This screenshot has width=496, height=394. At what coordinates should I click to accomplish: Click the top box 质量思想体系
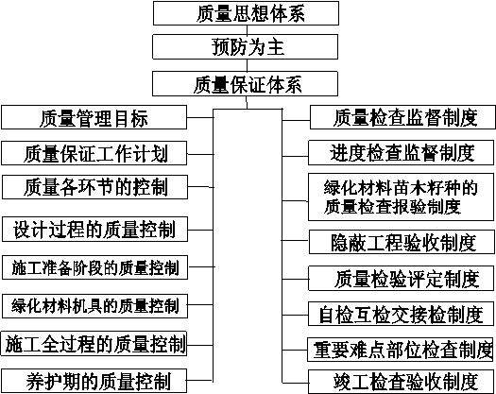click(x=246, y=13)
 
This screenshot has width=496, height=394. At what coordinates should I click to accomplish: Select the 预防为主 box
click(x=245, y=47)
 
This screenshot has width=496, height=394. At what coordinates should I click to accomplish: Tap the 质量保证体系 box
click(x=245, y=84)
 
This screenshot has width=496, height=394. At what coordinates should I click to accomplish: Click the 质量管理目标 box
click(x=94, y=117)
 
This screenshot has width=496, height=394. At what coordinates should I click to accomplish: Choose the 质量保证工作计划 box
click(x=94, y=153)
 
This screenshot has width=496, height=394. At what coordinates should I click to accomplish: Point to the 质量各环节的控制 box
click(x=94, y=187)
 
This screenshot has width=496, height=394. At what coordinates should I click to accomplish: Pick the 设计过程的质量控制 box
click(x=94, y=230)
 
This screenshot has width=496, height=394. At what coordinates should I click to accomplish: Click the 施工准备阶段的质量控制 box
click(x=94, y=267)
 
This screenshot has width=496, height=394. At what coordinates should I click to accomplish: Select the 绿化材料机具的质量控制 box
click(x=94, y=306)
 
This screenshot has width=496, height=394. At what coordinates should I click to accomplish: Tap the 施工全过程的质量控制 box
click(x=94, y=344)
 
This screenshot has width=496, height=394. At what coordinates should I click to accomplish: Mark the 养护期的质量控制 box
click(x=94, y=381)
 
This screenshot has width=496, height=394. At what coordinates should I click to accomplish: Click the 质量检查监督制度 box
click(x=402, y=117)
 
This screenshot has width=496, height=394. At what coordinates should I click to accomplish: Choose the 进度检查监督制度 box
click(x=402, y=153)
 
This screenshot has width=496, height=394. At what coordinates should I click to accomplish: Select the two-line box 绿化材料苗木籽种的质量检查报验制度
click(x=402, y=197)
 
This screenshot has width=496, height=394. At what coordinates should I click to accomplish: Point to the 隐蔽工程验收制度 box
click(x=402, y=242)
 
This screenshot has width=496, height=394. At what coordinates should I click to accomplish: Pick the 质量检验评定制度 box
click(x=402, y=279)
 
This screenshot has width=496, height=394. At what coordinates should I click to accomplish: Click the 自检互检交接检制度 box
click(x=402, y=314)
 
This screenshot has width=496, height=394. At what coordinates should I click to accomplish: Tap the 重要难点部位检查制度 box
click(x=401, y=350)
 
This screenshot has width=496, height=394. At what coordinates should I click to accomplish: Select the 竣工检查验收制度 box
click(x=402, y=382)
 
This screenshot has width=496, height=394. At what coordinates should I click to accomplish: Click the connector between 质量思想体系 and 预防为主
click(x=247, y=30)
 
